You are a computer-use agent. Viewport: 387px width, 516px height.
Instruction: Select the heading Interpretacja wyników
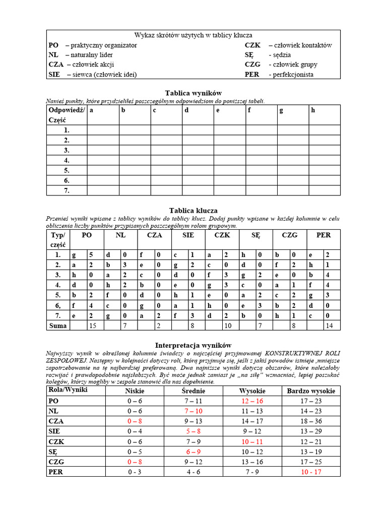193,345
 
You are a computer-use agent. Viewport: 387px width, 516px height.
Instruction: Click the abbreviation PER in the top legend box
252,74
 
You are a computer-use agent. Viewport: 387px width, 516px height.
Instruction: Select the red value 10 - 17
311,472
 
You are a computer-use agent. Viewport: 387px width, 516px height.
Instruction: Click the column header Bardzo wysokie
311,391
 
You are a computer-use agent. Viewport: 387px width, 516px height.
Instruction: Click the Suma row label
57,326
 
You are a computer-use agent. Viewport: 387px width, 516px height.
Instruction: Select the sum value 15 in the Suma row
92,326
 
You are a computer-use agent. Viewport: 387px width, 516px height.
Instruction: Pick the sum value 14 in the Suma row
328,326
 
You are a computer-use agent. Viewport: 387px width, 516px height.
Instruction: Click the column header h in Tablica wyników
313,110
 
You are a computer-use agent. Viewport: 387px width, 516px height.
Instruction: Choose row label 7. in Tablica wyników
67,190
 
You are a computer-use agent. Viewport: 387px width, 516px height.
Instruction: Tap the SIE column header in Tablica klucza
188,235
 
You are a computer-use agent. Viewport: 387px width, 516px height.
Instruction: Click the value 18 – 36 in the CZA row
311,421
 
